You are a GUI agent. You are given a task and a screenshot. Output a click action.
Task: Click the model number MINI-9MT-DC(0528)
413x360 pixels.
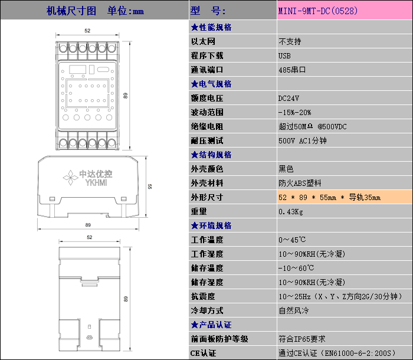[318, 11]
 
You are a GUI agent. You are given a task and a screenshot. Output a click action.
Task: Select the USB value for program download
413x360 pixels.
[284, 55]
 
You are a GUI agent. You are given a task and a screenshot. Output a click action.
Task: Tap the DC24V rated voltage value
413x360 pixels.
[289, 98]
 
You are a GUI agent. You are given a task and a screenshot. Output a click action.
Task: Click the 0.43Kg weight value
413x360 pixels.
[290, 211]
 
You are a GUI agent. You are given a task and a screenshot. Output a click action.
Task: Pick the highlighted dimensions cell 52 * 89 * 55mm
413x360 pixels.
[329, 197]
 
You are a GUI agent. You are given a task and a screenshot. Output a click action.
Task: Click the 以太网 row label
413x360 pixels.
[204, 41]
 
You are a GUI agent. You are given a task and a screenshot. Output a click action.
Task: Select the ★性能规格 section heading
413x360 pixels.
[211, 27]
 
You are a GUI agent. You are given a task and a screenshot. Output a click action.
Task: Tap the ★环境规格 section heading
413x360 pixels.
[211, 225]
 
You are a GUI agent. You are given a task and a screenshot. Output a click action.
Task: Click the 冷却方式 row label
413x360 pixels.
[207, 310]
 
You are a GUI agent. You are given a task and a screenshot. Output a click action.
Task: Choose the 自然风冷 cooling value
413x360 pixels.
[294, 310]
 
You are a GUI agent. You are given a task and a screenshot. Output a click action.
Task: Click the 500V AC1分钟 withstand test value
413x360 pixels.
[302, 140]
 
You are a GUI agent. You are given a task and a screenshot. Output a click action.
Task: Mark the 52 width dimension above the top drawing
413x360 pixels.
[87, 30]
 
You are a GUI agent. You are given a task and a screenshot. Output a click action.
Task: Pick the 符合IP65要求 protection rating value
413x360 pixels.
[301, 339]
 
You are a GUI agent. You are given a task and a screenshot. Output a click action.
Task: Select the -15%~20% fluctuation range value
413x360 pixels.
[294, 112]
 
